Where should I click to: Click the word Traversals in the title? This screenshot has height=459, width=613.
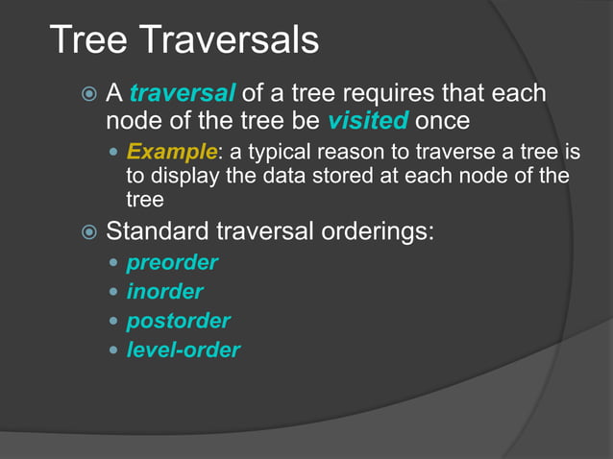pyautogui.click(x=230, y=40)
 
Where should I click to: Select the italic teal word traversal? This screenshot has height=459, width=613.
pyautogui.click(x=182, y=94)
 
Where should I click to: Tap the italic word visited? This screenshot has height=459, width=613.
pyautogui.click(x=368, y=122)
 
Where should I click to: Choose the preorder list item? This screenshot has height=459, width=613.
pyautogui.click(x=172, y=262)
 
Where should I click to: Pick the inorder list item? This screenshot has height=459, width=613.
pyautogui.click(x=164, y=292)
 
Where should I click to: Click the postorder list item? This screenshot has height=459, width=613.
pyautogui.click(x=178, y=321)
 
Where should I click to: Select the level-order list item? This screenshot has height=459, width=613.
pyautogui.click(x=183, y=350)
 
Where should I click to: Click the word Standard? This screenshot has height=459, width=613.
pyautogui.click(x=157, y=231)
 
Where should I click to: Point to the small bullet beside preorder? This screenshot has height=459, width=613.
pyautogui.click(x=115, y=263)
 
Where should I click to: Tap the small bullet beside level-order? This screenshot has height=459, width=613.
pyautogui.click(x=115, y=350)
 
